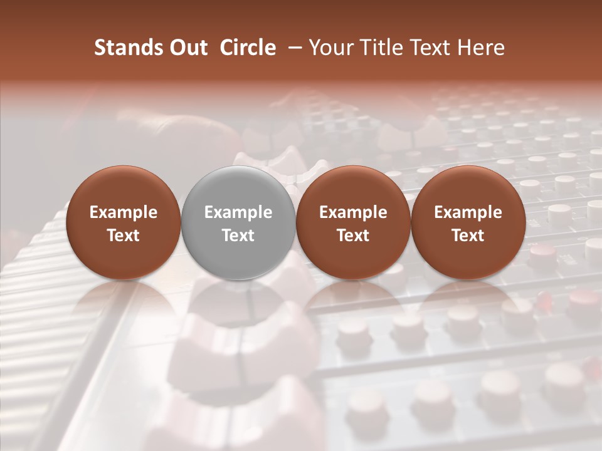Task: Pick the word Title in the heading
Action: [379, 48]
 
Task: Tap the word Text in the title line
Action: [428, 48]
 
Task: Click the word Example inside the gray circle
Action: [238, 212]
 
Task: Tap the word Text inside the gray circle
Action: [238, 236]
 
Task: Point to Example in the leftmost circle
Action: [123, 212]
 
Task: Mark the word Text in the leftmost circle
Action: [123, 236]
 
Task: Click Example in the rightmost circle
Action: [468, 212]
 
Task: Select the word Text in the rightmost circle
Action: [468, 236]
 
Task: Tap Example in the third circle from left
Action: [353, 212]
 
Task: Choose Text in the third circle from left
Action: [353, 236]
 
